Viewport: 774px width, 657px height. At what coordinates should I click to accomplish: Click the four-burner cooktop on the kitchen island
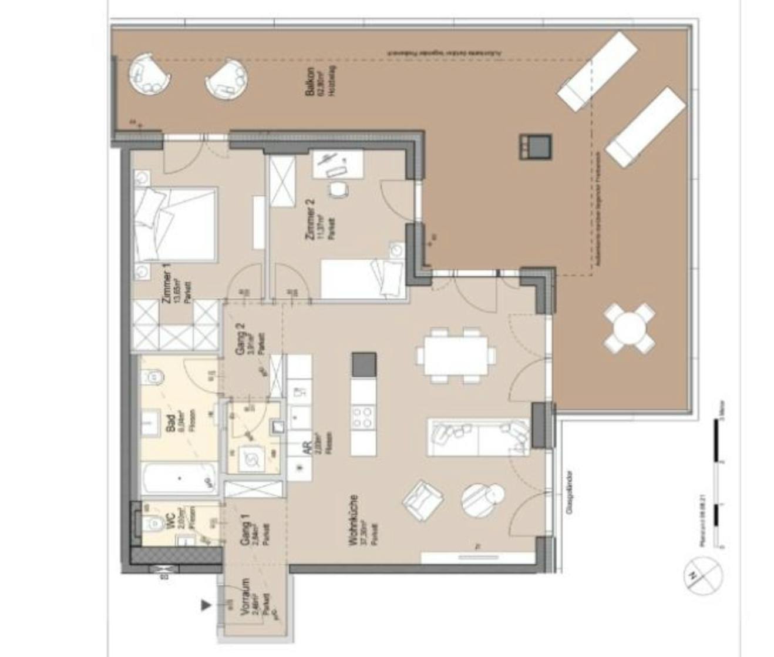(x=362, y=417)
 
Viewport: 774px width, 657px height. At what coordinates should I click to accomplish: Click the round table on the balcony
(x=629, y=327)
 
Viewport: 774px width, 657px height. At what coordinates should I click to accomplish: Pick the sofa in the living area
(x=479, y=437)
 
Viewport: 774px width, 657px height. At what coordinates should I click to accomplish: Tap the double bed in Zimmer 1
(x=175, y=224)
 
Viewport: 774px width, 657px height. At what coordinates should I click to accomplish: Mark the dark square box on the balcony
(x=534, y=146)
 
